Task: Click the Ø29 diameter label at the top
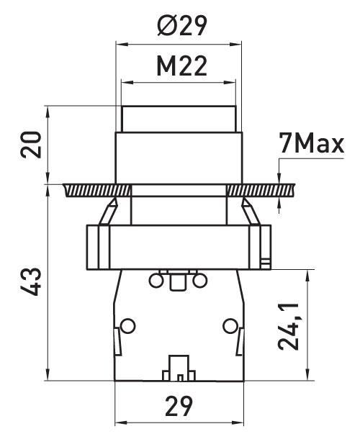tap(182, 25)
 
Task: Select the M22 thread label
tap(181, 66)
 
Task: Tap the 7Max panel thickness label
tap(311, 143)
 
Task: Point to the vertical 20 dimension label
tap(31, 145)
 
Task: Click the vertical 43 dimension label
tap(31, 281)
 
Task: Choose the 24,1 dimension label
tap(288, 327)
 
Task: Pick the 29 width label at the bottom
tap(179, 406)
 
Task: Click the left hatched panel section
tap(97, 191)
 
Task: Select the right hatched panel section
tap(261, 191)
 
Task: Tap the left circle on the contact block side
tap(128, 326)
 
